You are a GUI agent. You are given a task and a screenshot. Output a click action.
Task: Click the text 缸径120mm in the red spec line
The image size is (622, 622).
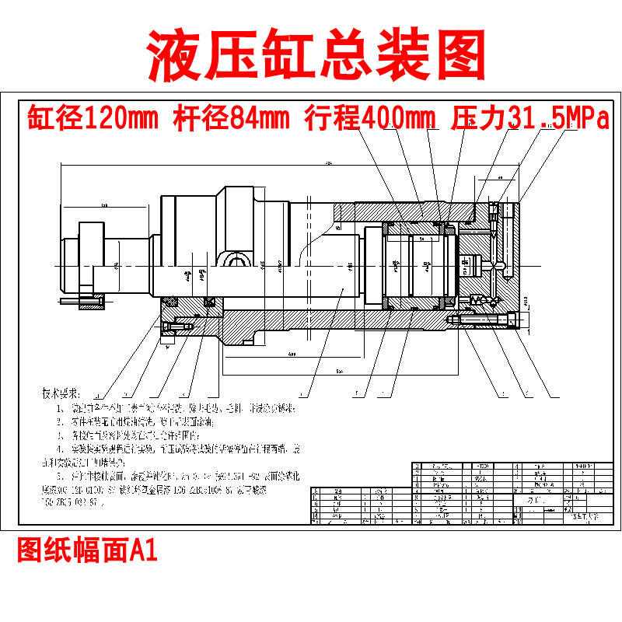[93, 119]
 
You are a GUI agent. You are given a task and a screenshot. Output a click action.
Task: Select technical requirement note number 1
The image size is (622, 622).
[179, 407]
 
